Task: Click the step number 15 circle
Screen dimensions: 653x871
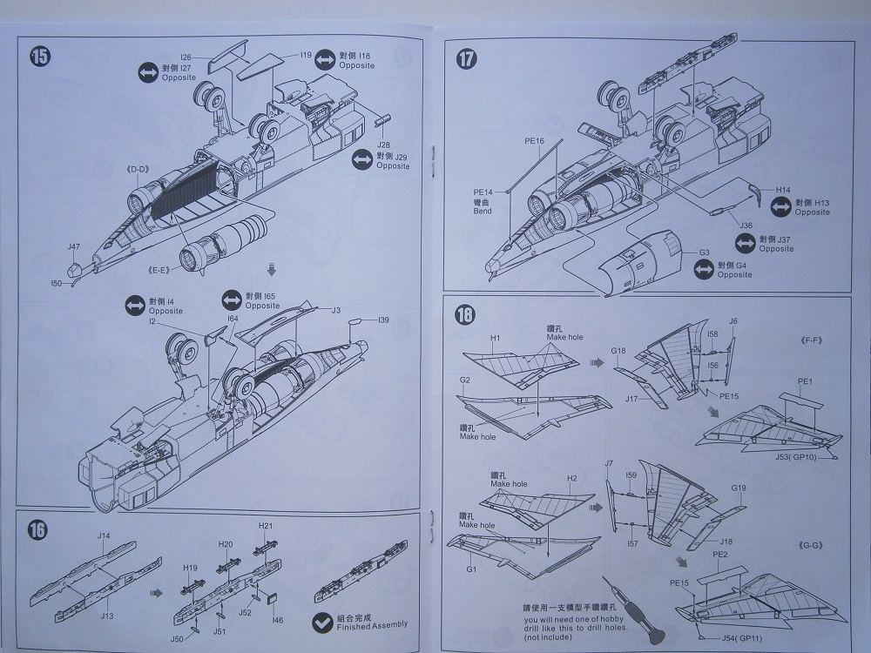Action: tap(40, 57)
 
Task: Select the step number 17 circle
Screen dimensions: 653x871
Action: tap(467, 59)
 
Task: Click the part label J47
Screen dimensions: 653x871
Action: tap(74, 247)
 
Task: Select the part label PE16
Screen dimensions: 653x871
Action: tap(534, 140)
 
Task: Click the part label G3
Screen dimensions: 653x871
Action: tap(705, 252)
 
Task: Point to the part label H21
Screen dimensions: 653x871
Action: tap(266, 526)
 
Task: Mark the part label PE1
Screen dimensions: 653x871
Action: tap(805, 381)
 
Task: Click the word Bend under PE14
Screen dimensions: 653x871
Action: tap(483, 212)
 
